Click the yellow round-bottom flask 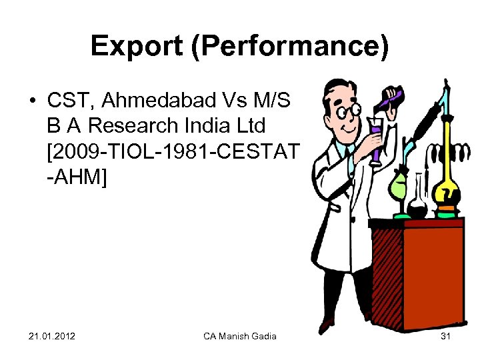[445, 193]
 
